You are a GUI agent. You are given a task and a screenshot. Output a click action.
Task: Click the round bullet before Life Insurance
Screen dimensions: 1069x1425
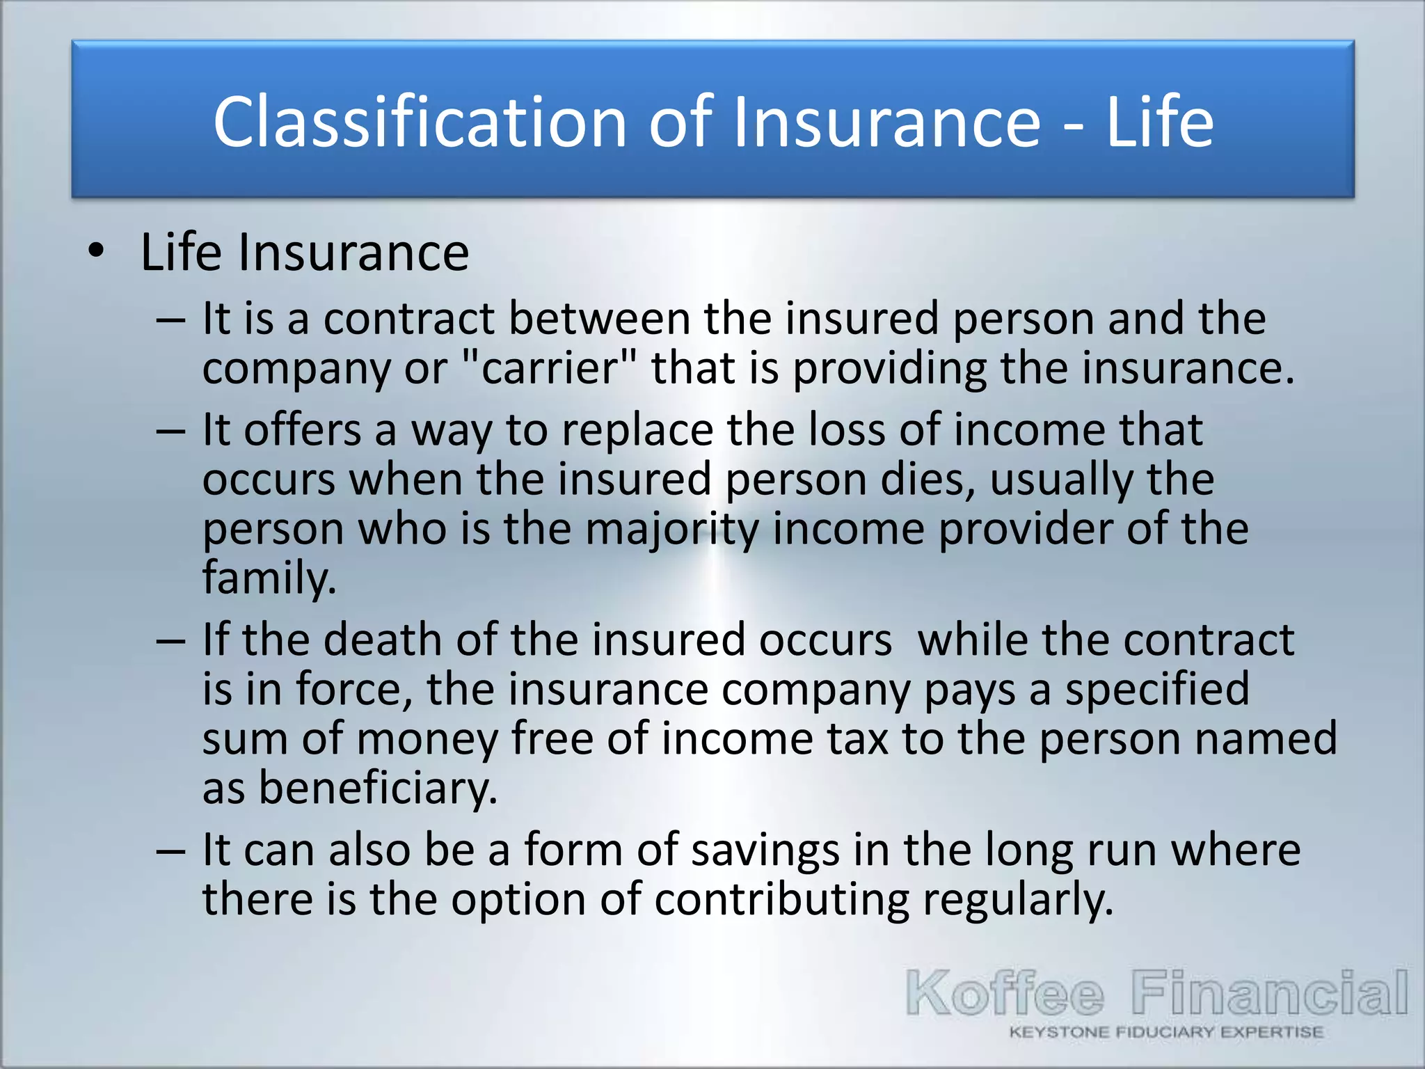(96, 251)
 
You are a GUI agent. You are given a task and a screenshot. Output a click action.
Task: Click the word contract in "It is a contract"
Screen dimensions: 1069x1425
(409, 319)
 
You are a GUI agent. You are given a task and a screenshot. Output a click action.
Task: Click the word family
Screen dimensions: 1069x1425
(269, 578)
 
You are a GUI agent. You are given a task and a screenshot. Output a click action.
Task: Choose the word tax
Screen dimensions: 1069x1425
(858, 738)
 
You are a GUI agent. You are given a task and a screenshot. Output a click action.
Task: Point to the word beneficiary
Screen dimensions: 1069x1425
(378, 788)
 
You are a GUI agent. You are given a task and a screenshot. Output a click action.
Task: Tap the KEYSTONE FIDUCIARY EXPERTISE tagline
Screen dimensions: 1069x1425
(1166, 1032)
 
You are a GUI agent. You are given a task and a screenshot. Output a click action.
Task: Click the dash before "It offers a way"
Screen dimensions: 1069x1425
(171, 430)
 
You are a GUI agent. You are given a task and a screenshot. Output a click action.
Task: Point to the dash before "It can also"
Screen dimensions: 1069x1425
(171, 850)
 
